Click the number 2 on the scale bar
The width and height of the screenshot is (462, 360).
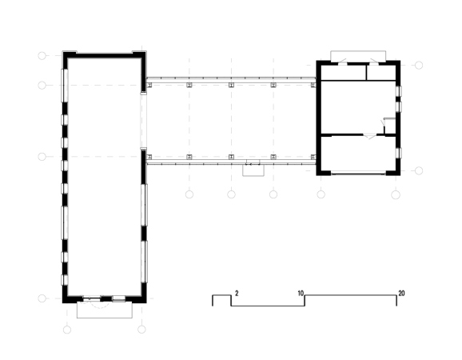tap(237, 293)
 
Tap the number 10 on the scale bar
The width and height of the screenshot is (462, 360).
tap(301, 294)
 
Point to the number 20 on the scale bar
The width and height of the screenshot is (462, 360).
tap(401, 293)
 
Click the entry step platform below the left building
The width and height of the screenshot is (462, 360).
tap(105, 310)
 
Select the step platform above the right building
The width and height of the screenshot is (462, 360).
tap(358, 56)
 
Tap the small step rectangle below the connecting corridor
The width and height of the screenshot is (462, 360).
tap(253, 170)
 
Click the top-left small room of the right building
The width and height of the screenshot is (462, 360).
tap(343, 72)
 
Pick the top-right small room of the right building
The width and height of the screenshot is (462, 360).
tap(381, 72)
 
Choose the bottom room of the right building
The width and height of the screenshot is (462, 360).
tap(358, 154)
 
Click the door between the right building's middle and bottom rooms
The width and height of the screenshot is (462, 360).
tap(369, 136)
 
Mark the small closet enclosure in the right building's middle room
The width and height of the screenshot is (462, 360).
tap(389, 126)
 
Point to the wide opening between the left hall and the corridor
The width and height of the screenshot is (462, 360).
tap(143, 122)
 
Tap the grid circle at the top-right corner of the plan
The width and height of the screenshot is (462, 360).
tap(419, 65)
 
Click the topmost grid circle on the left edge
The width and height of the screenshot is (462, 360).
tap(42, 55)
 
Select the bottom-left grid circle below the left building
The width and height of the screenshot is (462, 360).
tap(67, 330)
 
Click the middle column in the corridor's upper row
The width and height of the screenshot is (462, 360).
tap(231, 86)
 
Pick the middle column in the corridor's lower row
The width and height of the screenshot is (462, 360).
tap(231, 157)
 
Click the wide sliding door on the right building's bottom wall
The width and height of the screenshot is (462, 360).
tap(358, 173)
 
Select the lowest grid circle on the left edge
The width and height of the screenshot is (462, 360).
tap(42, 298)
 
